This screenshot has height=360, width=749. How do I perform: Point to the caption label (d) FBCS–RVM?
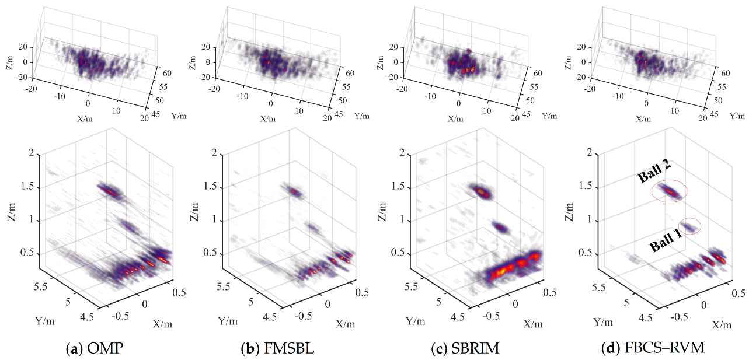coord(653,349)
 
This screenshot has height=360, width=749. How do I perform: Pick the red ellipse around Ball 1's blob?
coord(691,226)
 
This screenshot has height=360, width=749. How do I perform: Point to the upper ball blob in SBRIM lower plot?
coord(480,191)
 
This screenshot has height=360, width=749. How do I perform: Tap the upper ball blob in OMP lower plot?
coord(109,190)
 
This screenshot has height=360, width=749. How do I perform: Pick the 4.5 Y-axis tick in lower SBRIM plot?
coord(458,317)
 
